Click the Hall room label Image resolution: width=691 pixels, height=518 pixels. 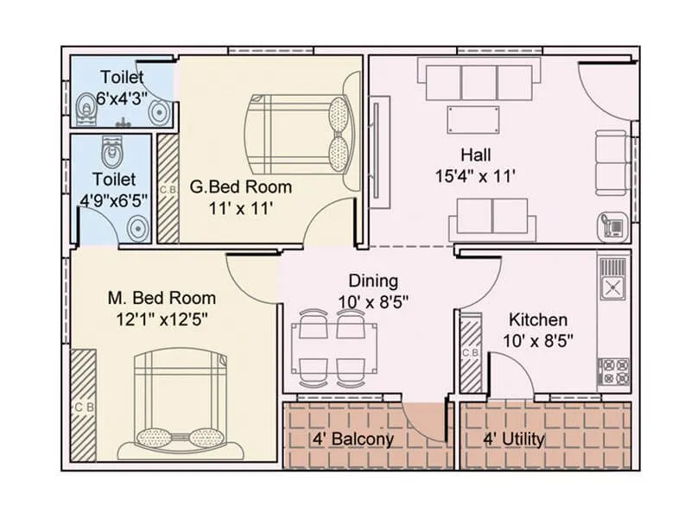click(476, 155)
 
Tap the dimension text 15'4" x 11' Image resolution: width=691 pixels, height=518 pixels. click(476, 176)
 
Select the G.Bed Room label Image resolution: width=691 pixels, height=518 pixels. click(241, 186)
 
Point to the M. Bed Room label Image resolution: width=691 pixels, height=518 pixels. click(162, 298)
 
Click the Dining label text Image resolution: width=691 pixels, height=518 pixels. click(373, 281)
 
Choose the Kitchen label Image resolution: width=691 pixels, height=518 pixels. click(537, 319)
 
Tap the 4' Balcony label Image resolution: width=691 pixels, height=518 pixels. click(352, 439)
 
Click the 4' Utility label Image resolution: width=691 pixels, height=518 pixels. click(514, 439)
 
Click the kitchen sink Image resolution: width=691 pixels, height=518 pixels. click(612, 287)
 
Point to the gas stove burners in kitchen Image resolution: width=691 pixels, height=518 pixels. click(612, 370)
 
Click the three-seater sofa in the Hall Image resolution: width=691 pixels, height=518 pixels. click(477, 79)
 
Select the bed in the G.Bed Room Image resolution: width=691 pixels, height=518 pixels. click(298, 134)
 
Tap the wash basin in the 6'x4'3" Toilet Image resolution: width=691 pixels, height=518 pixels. click(159, 111)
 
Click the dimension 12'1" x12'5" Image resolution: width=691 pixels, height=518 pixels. click(162, 318)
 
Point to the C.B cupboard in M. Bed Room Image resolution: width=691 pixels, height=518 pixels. click(84, 406)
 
